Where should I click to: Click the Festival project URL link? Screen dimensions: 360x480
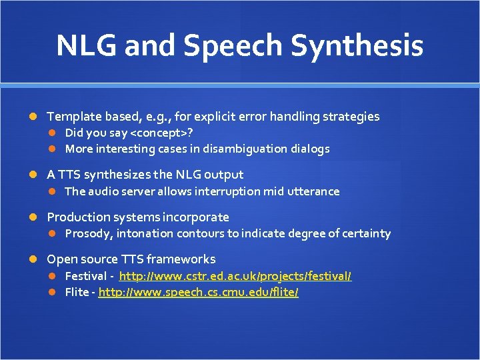pyautogui.click(x=235, y=276)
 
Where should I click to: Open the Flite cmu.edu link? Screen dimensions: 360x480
pyautogui.click(x=198, y=293)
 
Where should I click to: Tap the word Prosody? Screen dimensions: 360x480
pyautogui.click(x=89, y=233)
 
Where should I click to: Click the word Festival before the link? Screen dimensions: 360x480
pyautogui.click(x=85, y=276)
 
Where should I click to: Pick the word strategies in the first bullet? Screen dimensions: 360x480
pyautogui.click(x=351, y=117)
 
